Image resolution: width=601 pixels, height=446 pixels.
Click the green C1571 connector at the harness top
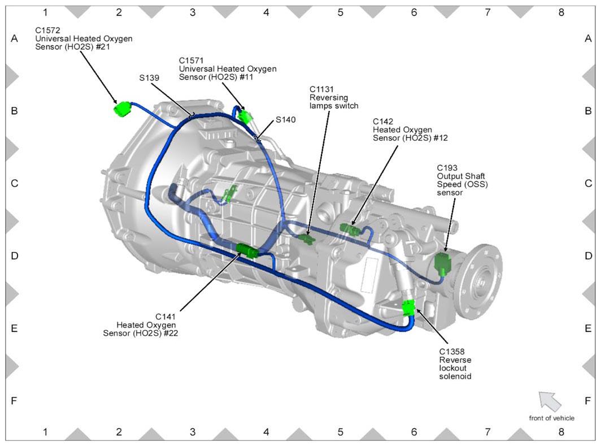[244, 116]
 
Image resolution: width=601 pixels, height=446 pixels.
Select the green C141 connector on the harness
[247, 250]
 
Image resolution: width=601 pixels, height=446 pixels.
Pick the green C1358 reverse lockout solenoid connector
[409, 308]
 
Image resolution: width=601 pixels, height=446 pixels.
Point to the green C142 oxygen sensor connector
[350, 229]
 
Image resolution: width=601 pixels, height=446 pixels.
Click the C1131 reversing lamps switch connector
[307, 238]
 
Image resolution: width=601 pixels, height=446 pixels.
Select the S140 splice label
[286, 120]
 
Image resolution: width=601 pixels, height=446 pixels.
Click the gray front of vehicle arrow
[550, 401]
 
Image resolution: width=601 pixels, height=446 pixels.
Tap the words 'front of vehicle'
[551, 418]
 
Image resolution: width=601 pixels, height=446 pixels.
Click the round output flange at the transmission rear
[481, 277]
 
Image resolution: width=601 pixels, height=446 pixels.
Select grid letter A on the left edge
[14, 38]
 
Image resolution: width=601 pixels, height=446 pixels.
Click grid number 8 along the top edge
[561, 12]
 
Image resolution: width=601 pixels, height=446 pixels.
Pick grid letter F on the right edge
[588, 401]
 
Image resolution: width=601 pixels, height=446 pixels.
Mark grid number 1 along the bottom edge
[45, 432]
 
